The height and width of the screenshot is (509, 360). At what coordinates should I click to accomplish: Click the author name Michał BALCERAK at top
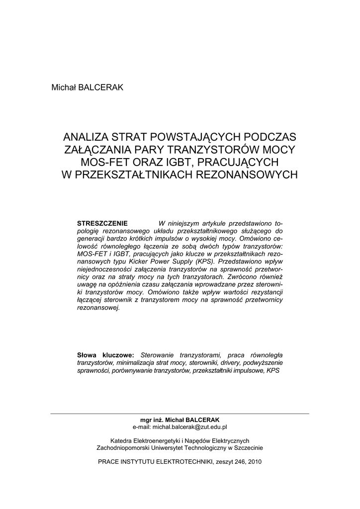[87, 87]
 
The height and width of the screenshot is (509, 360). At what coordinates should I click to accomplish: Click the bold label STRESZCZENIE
[102, 223]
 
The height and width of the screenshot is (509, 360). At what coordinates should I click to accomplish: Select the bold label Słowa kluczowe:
[105, 355]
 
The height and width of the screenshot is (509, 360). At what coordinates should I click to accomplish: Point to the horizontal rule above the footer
[180, 414]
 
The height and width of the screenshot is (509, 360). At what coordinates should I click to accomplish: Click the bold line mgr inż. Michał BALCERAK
[180, 420]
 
